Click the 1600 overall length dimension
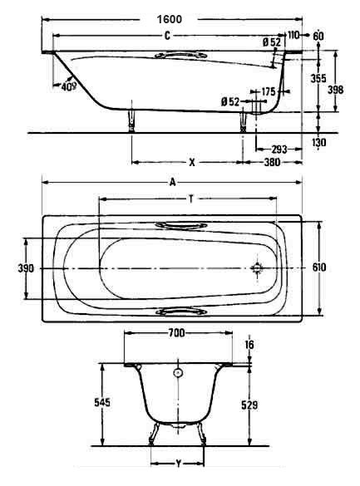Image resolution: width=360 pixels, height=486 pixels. tap(170, 19)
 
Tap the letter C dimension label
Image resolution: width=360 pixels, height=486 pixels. tap(167, 36)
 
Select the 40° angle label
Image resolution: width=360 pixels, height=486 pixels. tap(68, 86)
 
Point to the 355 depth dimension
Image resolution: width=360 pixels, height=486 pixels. tap(318, 78)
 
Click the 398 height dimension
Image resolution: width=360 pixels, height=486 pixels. tap(336, 90)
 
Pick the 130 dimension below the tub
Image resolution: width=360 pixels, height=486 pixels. tap(318, 142)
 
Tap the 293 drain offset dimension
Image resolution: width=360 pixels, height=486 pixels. tap(279, 150)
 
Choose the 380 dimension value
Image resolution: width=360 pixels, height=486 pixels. tap(272, 162)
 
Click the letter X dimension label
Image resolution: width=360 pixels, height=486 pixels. tap(192, 162)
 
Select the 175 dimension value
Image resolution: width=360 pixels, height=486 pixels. tap(269, 91)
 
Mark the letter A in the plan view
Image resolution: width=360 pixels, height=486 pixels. tap(172, 182)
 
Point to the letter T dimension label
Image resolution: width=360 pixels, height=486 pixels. tap(191, 199)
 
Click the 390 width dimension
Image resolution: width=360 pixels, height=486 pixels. tap(26, 268)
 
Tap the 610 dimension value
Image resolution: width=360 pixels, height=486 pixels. tap(319, 268)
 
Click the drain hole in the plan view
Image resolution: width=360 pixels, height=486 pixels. tap(257, 268)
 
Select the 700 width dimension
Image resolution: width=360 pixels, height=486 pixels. tap(176, 333)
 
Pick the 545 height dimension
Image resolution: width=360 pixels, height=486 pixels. tap(102, 402)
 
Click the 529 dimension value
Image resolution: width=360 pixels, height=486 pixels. tap(249, 405)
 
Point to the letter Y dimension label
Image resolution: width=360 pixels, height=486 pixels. tap(178, 464)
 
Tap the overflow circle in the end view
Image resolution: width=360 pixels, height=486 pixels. tap(178, 372)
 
